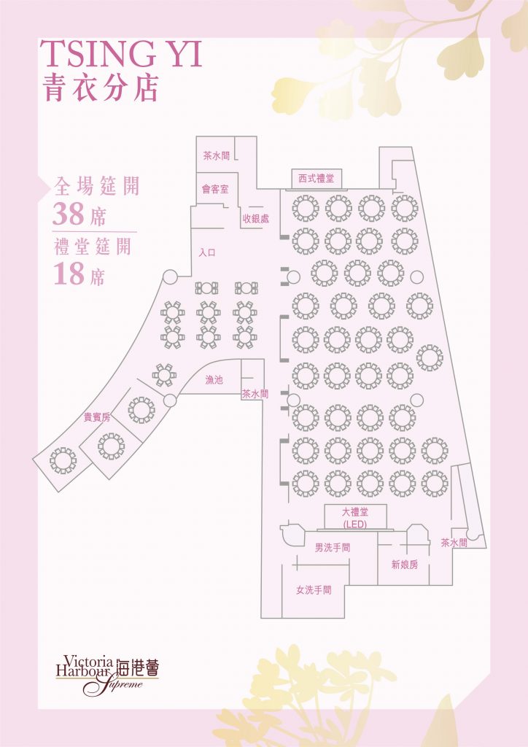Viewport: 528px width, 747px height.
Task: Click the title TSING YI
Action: [122, 55]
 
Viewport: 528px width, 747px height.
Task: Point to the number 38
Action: [70, 214]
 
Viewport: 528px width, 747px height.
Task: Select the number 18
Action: [69, 274]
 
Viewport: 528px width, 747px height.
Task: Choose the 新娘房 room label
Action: [404, 565]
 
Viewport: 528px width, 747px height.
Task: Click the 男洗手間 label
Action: [333, 547]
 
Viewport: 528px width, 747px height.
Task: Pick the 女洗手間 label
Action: [314, 590]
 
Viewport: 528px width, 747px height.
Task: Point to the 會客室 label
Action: [215, 189]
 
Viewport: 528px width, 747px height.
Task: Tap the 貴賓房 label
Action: [97, 418]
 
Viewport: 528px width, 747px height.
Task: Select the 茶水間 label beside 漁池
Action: [255, 394]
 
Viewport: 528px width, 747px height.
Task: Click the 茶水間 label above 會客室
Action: [217, 155]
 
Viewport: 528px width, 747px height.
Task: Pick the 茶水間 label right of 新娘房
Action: [454, 543]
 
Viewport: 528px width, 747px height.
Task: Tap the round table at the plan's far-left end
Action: [63, 460]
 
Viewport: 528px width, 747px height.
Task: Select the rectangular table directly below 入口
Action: [208, 288]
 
